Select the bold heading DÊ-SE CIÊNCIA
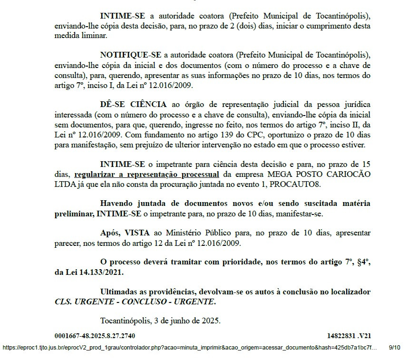pyautogui.click(x=133, y=105)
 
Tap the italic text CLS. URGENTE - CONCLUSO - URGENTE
pyautogui.click(x=135, y=302)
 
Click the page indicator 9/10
pyautogui.click(x=395, y=348)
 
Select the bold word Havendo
pyautogui.click(x=119, y=204)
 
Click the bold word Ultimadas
pyautogui.click(x=122, y=292)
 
